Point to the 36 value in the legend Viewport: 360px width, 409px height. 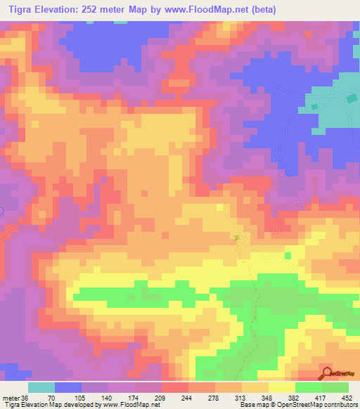pyautogui.click(x=26, y=397)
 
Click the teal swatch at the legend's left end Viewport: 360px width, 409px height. pyautogui.click(x=41, y=387)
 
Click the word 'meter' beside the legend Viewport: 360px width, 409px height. pyautogui.click(x=9, y=397)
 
